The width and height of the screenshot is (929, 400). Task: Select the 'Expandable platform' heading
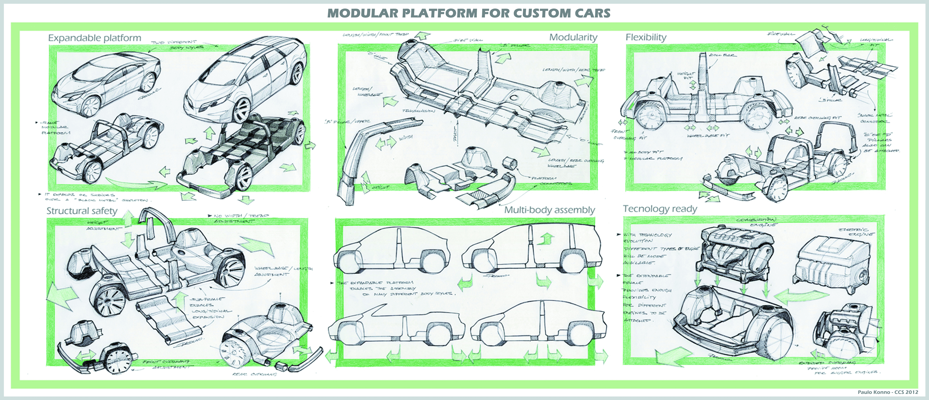[94, 38]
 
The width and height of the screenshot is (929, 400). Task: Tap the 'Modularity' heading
[573, 37]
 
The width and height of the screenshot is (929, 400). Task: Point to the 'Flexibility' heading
[646, 37]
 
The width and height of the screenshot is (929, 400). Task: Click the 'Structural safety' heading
[82, 211]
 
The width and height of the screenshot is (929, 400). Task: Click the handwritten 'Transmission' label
[418, 111]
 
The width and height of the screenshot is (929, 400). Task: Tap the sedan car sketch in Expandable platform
[106, 85]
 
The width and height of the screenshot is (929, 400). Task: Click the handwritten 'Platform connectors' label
[555, 181]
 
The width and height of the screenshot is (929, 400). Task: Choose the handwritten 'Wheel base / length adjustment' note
[283, 271]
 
